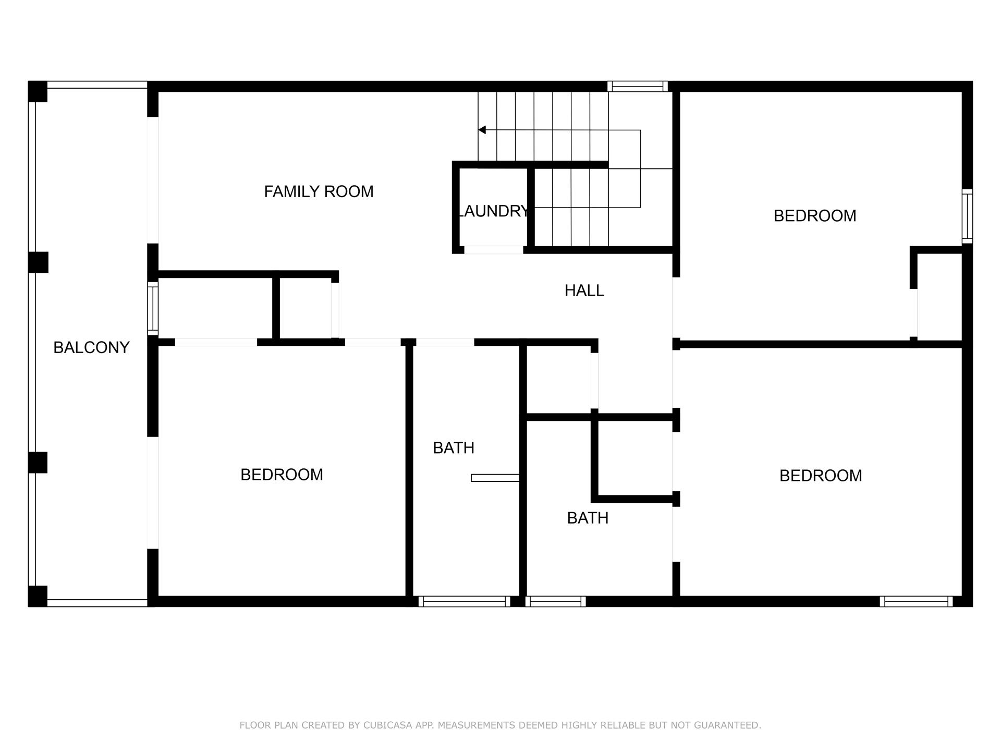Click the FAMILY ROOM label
(319, 192)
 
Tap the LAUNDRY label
(493, 211)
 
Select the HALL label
(584, 290)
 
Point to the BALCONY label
(91, 347)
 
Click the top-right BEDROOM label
(814, 216)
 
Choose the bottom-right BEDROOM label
(820, 476)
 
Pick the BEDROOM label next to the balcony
(282, 475)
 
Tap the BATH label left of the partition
(454, 448)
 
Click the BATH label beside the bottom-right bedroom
(588, 518)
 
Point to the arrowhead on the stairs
(482, 130)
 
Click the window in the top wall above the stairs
(637, 87)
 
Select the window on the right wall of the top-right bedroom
(967, 216)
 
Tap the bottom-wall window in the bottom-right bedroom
(916, 601)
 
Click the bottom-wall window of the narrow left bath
(464, 601)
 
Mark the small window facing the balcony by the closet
(153, 309)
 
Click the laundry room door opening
(493, 250)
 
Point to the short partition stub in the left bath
(495, 478)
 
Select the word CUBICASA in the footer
(387, 725)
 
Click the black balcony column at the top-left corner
(38, 92)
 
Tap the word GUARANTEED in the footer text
(729, 725)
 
